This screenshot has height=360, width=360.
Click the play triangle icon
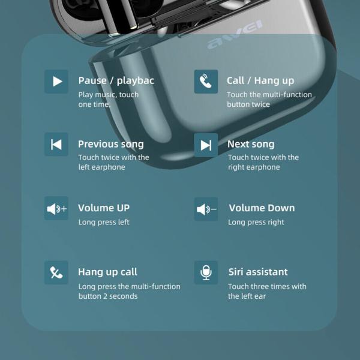56,82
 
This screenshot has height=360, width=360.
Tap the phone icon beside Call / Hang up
206,82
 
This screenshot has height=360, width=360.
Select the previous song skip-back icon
56,145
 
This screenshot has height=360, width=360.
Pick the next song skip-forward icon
206,145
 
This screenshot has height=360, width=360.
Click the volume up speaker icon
56,208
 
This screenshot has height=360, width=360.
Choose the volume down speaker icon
206,209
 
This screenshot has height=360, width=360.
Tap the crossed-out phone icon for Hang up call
56,272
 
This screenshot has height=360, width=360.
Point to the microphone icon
206,272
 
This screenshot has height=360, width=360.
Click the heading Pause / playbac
116,81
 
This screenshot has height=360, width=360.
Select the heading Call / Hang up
260,81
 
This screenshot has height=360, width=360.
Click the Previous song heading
111,145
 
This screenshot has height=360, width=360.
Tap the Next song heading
251,145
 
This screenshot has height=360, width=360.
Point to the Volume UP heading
104,208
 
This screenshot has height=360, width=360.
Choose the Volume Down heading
262,208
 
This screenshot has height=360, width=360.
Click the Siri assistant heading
258,272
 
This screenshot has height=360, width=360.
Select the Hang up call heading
107,272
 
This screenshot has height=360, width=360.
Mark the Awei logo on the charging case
235,34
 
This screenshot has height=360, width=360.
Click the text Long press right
256,222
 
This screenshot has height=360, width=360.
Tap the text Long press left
104,222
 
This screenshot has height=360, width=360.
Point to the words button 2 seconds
108,296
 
